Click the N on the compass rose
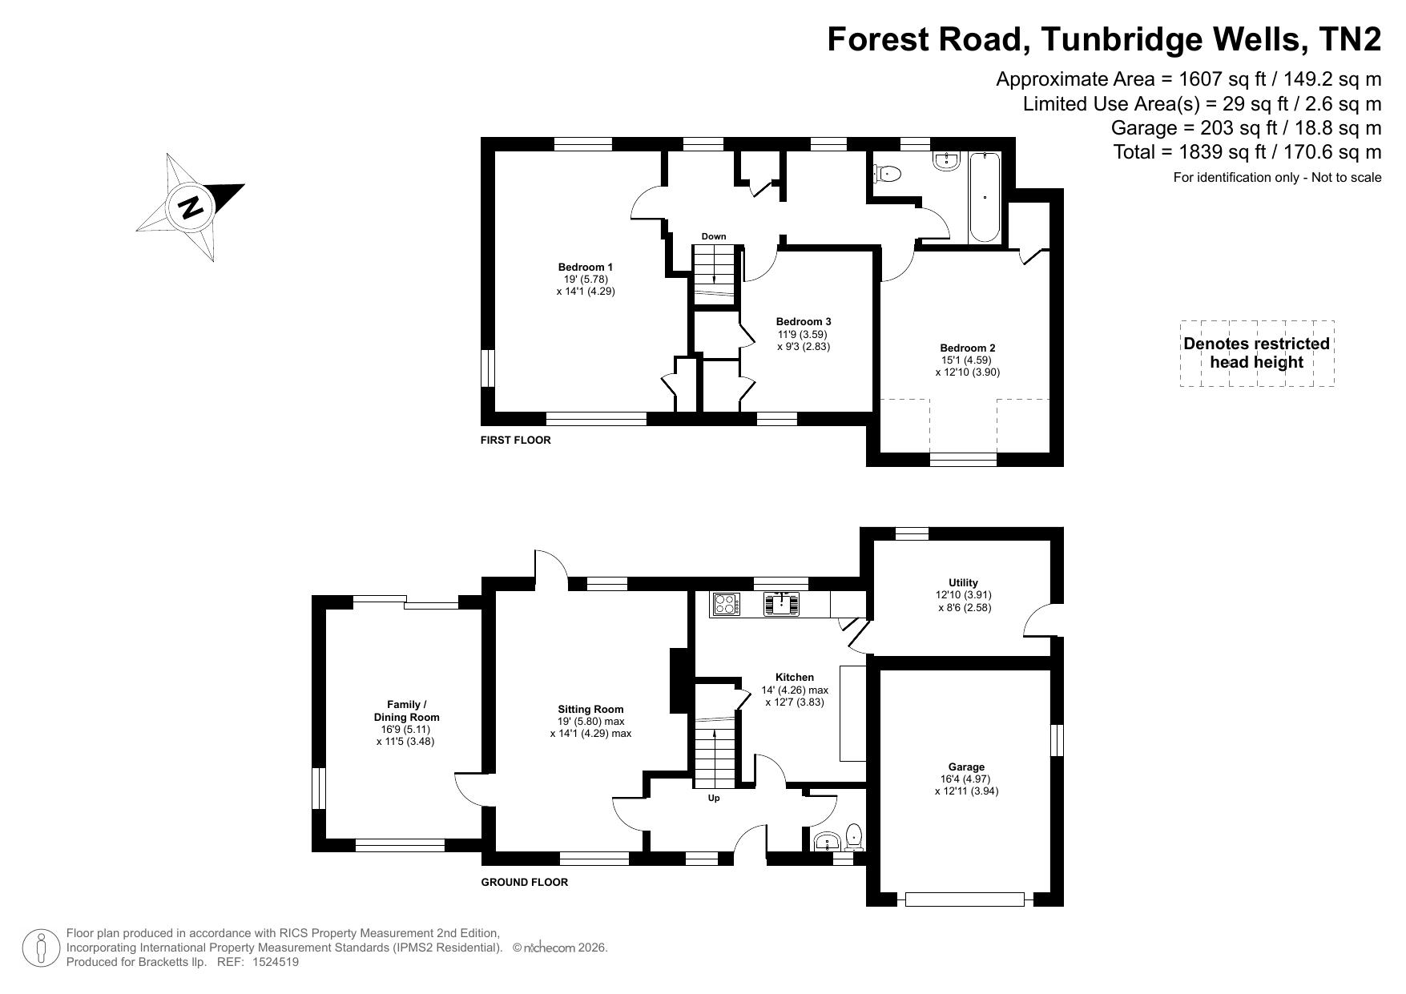click(191, 208)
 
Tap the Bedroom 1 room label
click(586, 267)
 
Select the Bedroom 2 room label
click(968, 348)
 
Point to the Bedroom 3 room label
click(804, 322)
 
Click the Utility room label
click(963, 582)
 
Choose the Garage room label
click(966, 767)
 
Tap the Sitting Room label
click(590, 709)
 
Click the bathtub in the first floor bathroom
click(985, 197)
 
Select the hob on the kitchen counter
click(726, 604)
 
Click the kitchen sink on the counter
click(781, 604)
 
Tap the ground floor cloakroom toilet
click(855, 836)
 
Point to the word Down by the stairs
click(714, 236)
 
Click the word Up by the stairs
click(714, 798)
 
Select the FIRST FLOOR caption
click(516, 440)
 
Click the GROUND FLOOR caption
click(525, 882)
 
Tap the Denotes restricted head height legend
click(1256, 352)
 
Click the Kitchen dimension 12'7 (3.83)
click(795, 702)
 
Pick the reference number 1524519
click(276, 962)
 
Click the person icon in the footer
click(41, 948)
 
